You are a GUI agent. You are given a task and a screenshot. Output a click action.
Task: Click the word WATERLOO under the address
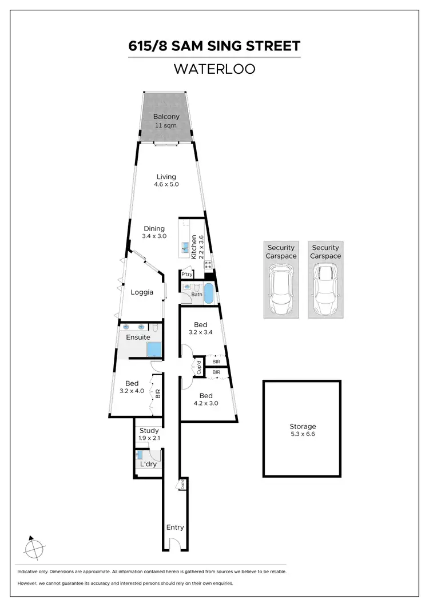pos(214,69)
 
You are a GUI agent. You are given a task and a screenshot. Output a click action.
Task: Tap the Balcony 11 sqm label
pos(166,121)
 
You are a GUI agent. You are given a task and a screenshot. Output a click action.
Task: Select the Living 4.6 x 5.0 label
pos(166,181)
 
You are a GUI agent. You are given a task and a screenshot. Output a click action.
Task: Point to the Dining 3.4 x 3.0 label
pos(154,232)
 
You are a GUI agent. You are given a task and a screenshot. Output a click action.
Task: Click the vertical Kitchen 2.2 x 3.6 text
pos(197,247)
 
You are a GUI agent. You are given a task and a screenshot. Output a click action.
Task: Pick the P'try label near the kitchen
pos(186,275)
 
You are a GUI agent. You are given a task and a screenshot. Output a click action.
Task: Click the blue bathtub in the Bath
pos(209,293)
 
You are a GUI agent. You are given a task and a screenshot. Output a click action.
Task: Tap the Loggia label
pos(142,292)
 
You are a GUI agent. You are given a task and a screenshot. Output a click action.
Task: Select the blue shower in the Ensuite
pos(154,350)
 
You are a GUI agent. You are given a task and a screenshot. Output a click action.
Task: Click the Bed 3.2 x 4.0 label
pos(132,387)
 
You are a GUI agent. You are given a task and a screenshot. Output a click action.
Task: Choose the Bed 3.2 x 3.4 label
pos(200,328)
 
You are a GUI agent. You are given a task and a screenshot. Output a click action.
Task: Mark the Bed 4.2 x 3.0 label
pos(206,399)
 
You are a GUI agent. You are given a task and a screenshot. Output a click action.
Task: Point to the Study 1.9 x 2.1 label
pos(149,434)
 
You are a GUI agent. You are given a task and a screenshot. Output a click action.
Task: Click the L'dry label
pos(148,464)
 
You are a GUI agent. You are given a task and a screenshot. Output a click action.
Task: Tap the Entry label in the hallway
pos(174,527)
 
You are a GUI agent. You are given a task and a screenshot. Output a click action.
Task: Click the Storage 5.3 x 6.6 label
pos(302,430)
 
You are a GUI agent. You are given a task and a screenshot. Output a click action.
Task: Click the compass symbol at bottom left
pos(35,549)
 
